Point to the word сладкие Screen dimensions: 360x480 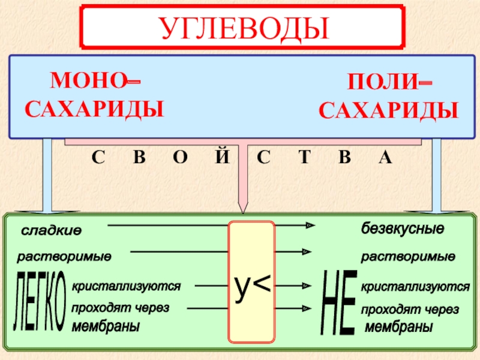(x=52, y=231)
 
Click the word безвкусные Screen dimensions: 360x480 (x=402, y=229)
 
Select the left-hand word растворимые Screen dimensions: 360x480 (x=64, y=257)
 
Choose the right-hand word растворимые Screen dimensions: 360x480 (x=408, y=257)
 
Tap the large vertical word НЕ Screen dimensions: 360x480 (x=339, y=303)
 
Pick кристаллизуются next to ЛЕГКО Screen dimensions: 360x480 (x=126, y=287)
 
